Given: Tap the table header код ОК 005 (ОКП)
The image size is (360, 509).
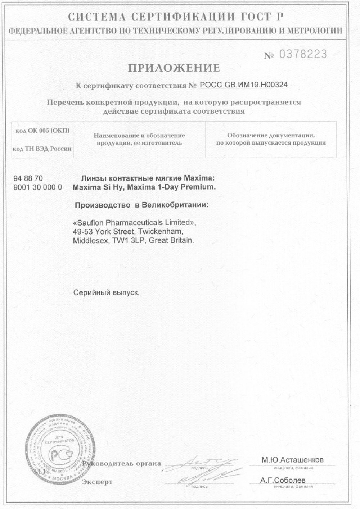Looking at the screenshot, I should coord(42,130).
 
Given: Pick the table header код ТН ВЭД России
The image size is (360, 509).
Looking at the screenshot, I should coord(42,149).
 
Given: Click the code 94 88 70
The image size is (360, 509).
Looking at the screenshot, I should coord(28,179).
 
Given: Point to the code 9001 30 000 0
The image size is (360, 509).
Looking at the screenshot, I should coord(37,187).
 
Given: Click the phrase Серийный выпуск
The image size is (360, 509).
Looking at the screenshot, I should coord(106,292).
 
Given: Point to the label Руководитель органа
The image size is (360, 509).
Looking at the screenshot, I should coord(122,464).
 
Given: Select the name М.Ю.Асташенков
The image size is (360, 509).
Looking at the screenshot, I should coord(292,460).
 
